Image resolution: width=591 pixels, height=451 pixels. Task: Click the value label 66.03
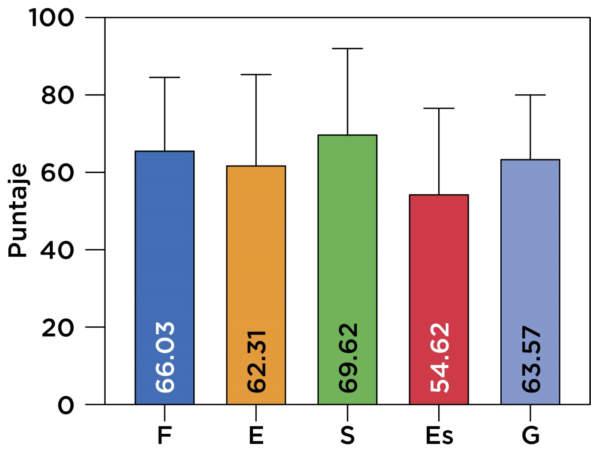coord(165,357)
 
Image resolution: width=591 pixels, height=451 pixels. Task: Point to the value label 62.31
coord(256,362)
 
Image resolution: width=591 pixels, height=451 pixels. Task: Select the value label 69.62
coord(348,358)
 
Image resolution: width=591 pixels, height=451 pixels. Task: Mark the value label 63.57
coord(531,359)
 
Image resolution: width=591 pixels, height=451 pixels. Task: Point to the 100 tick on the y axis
coord(52,18)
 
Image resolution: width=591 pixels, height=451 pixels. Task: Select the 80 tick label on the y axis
coord(57,95)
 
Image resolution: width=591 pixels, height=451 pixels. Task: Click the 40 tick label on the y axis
coord(57,250)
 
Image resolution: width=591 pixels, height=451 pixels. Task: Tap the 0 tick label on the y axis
coord(66,405)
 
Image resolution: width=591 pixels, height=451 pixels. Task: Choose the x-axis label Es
coord(439,436)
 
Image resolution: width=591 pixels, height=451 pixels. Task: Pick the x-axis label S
coord(347,436)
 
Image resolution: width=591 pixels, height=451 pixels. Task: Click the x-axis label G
coord(530,436)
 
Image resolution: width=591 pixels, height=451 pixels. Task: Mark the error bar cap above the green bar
coord(347,48)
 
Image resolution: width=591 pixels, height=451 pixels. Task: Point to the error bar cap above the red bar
coord(439,108)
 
